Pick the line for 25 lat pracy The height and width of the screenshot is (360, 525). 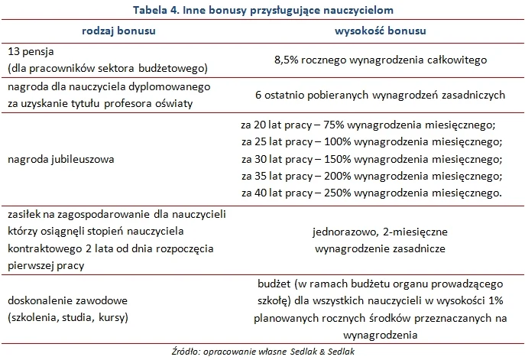371,142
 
